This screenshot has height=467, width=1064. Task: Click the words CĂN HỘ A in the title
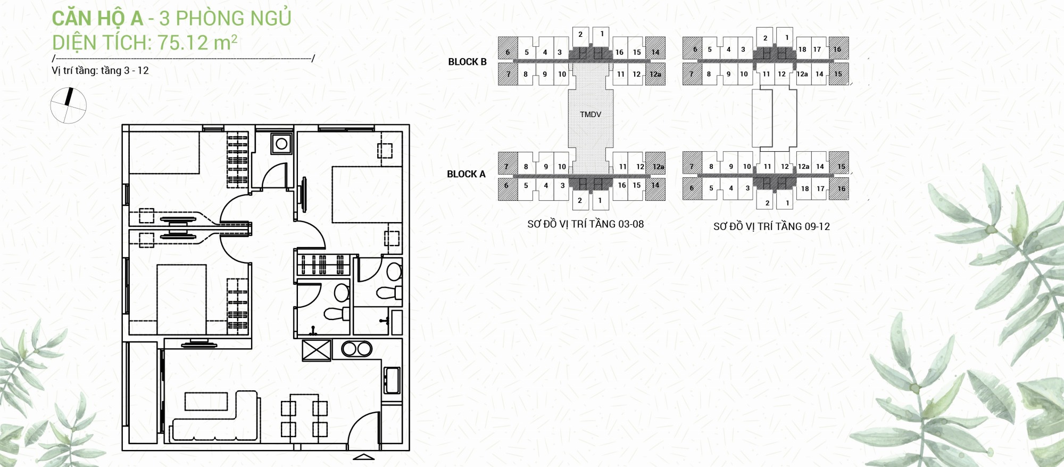pyautogui.click(x=97, y=19)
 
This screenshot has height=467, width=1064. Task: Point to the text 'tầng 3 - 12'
pyautogui.click(x=124, y=71)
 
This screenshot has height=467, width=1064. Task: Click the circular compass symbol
pyautogui.click(x=68, y=105)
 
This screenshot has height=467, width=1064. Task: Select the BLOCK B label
pyautogui.click(x=467, y=62)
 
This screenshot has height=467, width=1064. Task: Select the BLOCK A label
pyautogui.click(x=466, y=174)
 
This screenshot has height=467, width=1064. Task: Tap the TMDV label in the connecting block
pyautogui.click(x=591, y=114)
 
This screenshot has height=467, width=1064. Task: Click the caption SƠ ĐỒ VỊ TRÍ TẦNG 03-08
pyautogui.click(x=585, y=224)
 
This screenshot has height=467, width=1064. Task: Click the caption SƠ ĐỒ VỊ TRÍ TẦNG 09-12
pyautogui.click(x=771, y=226)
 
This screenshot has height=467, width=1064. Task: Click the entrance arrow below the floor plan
pyautogui.click(x=364, y=456)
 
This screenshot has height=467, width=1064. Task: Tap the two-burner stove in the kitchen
pyautogui.click(x=356, y=349)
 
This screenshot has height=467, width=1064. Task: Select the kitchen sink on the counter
pyautogui.click(x=392, y=380)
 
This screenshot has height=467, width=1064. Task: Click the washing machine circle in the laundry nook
pyautogui.click(x=281, y=144)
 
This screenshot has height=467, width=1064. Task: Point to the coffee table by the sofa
pyautogui.click(x=206, y=402)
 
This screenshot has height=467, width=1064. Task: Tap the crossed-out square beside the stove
pyautogui.click(x=317, y=350)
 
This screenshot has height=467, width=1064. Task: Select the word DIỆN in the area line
pyautogui.click(x=72, y=43)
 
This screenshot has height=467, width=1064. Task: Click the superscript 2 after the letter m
pyautogui.click(x=234, y=38)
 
